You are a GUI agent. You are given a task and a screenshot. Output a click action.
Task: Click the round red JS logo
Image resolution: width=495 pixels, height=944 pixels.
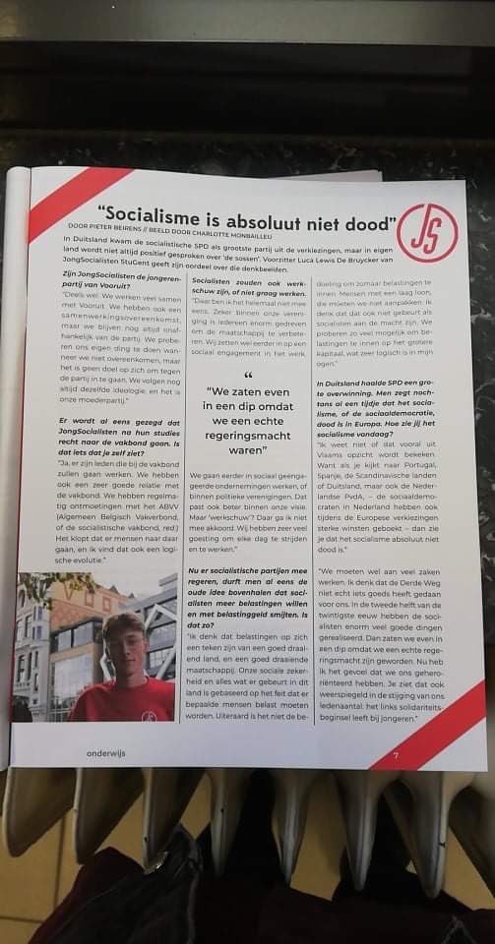(x=427, y=233)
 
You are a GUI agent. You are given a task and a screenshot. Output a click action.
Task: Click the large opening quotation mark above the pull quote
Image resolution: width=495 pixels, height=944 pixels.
(x=247, y=376)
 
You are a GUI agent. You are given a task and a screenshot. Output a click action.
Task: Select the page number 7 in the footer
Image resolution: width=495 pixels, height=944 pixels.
(x=394, y=754)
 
